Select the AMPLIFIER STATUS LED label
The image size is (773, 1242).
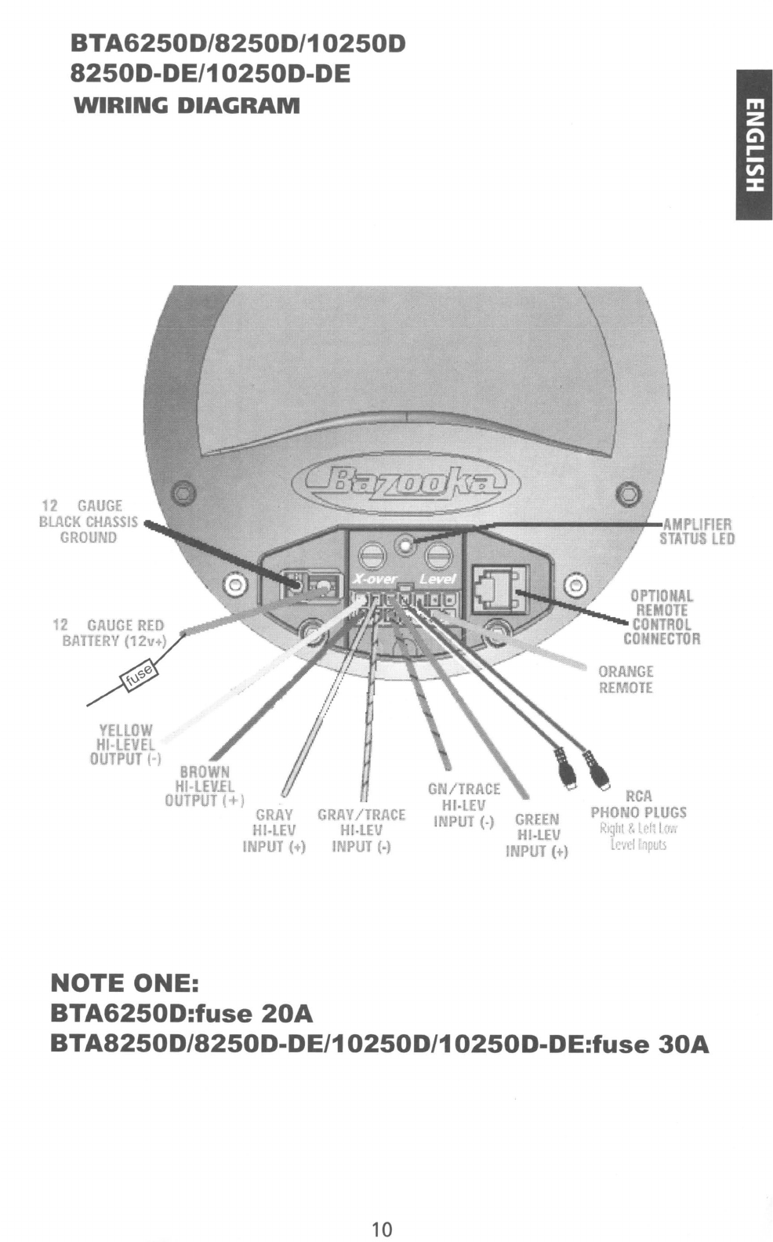tap(696, 531)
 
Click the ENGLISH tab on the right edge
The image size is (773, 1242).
tap(753, 144)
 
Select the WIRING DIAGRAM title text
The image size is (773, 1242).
tap(186, 105)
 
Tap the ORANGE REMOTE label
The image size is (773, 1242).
tap(626, 679)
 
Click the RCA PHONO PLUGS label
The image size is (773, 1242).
tap(638, 804)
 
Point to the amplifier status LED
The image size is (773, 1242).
tap(405, 543)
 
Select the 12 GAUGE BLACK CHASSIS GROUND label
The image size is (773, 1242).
tap(89, 521)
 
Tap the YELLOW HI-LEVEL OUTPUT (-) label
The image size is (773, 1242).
tap(124, 744)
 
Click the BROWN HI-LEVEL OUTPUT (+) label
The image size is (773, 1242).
tap(204, 786)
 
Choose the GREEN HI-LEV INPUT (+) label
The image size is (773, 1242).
tap(537, 835)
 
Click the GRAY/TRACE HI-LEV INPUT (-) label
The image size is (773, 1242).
tap(361, 830)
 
